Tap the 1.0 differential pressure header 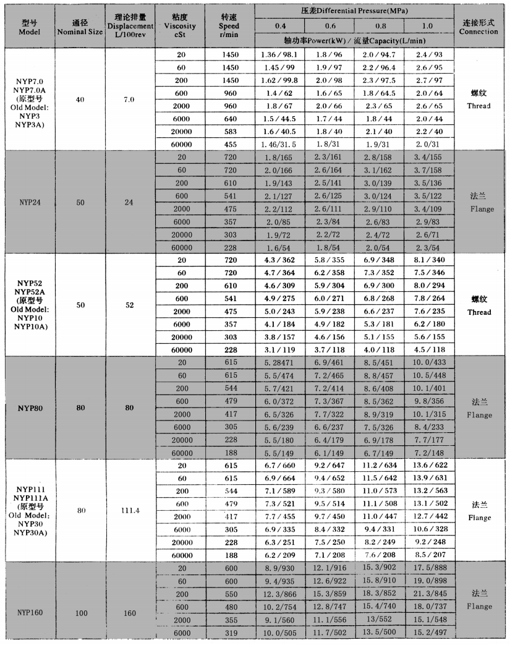click(x=427, y=26)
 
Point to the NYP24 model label click(x=29, y=202)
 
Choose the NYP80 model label click(x=29, y=408)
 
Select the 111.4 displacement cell click(x=129, y=511)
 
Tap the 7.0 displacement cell click(x=129, y=100)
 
